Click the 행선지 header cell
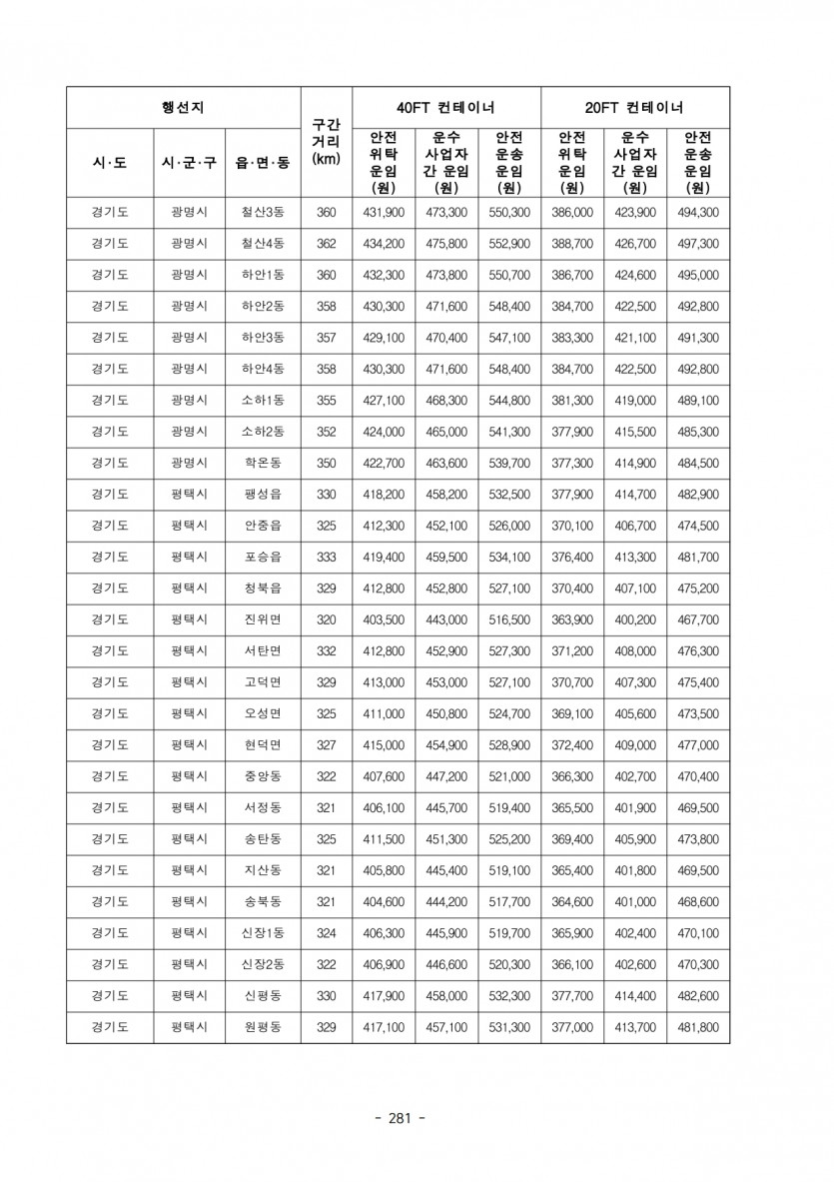(x=183, y=108)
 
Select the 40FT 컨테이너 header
(x=445, y=108)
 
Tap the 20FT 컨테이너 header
(x=634, y=108)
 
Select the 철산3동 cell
(x=262, y=213)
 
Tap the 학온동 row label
(x=262, y=464)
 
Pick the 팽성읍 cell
(x=262, y=495)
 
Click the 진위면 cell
(x=262, y=620)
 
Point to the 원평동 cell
(x=262, y=1027)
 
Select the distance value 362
(x=326, y=244)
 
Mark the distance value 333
(x=326, y=558)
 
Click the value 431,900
(x=383, y=213)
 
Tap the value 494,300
(x=697, y=213)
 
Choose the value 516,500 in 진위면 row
(x=508, y=620)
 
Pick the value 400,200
(x=634, y=620)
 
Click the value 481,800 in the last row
(x=697, y=1027)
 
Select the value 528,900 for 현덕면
(x=508, y=745)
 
